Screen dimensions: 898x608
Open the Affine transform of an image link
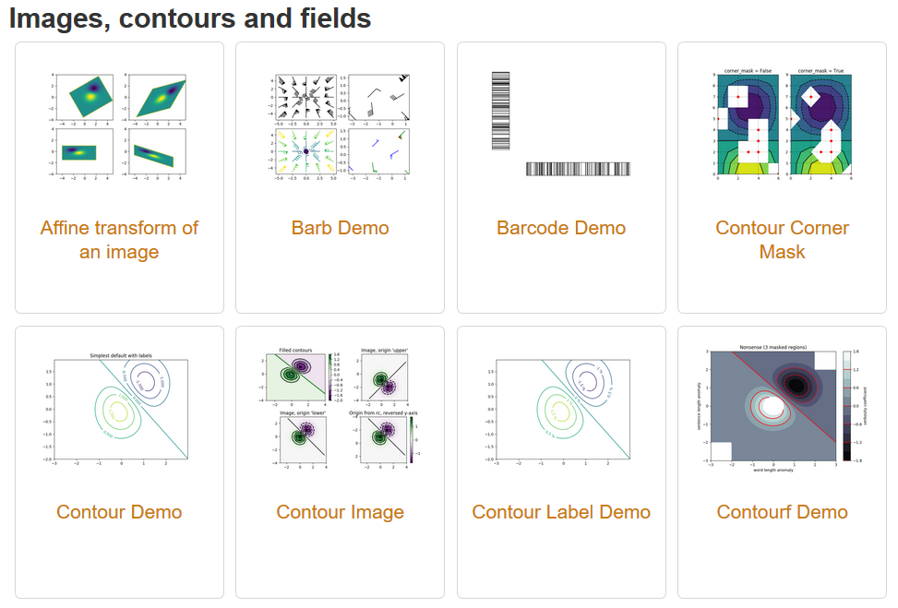click(119, 240)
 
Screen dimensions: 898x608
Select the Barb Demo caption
click(340, 228)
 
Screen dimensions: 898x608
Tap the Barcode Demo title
click(561, 228)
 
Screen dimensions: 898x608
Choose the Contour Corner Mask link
click(782, 240)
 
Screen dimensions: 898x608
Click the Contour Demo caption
click(119, 512)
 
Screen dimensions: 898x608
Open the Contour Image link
click(340, 512)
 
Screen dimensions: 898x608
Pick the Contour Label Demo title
click(561, 512)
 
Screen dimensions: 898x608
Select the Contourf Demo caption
click(782, 512)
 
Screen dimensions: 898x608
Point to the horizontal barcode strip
click(578, 169)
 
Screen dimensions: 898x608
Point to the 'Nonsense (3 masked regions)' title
click(772, 347)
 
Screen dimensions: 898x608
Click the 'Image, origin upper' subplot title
click(381, 350)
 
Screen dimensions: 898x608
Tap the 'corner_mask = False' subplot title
click(746, 70)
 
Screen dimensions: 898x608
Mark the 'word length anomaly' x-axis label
click(772, 469)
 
